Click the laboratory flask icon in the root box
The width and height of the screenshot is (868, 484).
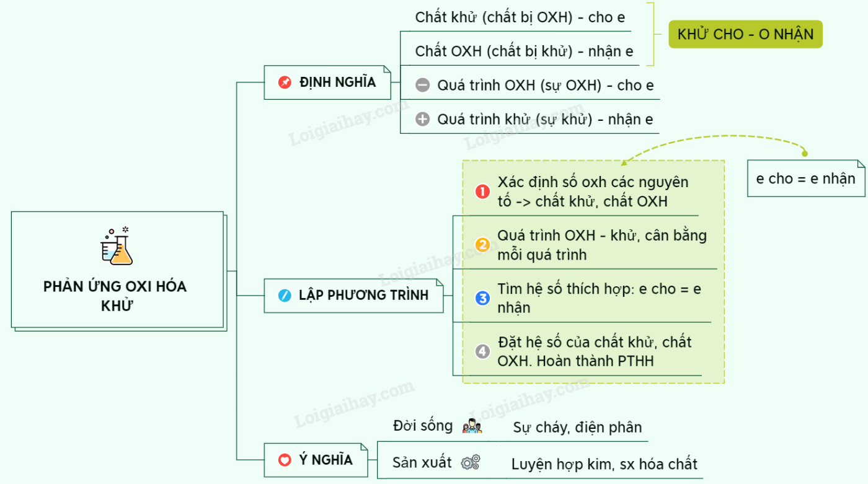tap(117, 246)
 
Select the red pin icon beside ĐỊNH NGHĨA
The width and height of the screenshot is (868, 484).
tap(285, 82)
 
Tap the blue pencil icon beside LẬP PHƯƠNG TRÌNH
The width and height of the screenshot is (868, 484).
tap(285, 296)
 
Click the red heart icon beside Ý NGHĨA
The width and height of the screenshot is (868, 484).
tap(285, 460)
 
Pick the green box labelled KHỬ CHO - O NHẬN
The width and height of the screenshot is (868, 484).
tap(745, 34)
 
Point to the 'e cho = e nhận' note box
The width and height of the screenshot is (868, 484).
tap(805, 178)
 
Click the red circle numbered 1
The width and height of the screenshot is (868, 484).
tap(482, 192)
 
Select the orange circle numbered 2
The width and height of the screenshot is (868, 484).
tap(482, 245)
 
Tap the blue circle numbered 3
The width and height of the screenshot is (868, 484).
tap(482, 298)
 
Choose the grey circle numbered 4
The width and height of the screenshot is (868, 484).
tap(482, 351)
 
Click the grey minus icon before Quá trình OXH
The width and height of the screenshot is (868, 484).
tap(422, 86)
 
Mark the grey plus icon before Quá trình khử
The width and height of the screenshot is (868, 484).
tap(422, 119)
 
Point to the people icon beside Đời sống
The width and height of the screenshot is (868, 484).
tap(472, 426)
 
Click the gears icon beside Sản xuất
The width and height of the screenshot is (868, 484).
tap(471, 462)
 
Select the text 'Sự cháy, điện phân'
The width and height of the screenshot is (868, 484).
tap(577, 427)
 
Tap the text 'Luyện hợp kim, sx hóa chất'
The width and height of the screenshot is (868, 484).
tap(604, 464)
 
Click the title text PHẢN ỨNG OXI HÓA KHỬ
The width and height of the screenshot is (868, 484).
tap(115, 295)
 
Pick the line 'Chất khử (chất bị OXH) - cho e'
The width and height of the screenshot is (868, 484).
tap(520, 17)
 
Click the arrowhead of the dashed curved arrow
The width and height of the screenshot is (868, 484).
tap(624, 164)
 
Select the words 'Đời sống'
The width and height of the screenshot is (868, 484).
tap(423, 426)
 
